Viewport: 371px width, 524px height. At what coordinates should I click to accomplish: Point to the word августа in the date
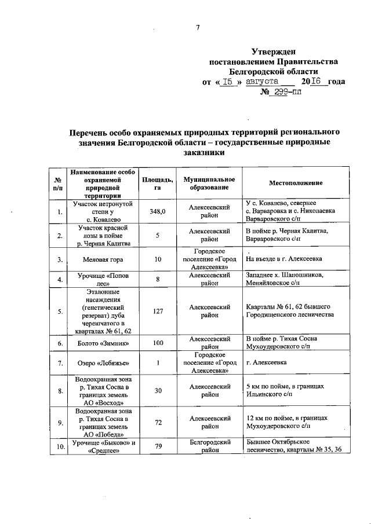point(261,81)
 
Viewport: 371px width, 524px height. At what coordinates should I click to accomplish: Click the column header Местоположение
point(295,183)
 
